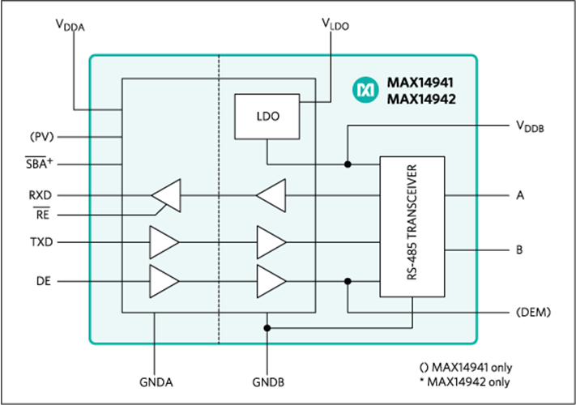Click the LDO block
[266, 117]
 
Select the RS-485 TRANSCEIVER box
[412, 227]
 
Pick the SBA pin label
[40, 164]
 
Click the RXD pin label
[40, 195]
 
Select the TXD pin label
[40, 242]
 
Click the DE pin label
[44, 281]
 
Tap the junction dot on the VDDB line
[348, 164]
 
